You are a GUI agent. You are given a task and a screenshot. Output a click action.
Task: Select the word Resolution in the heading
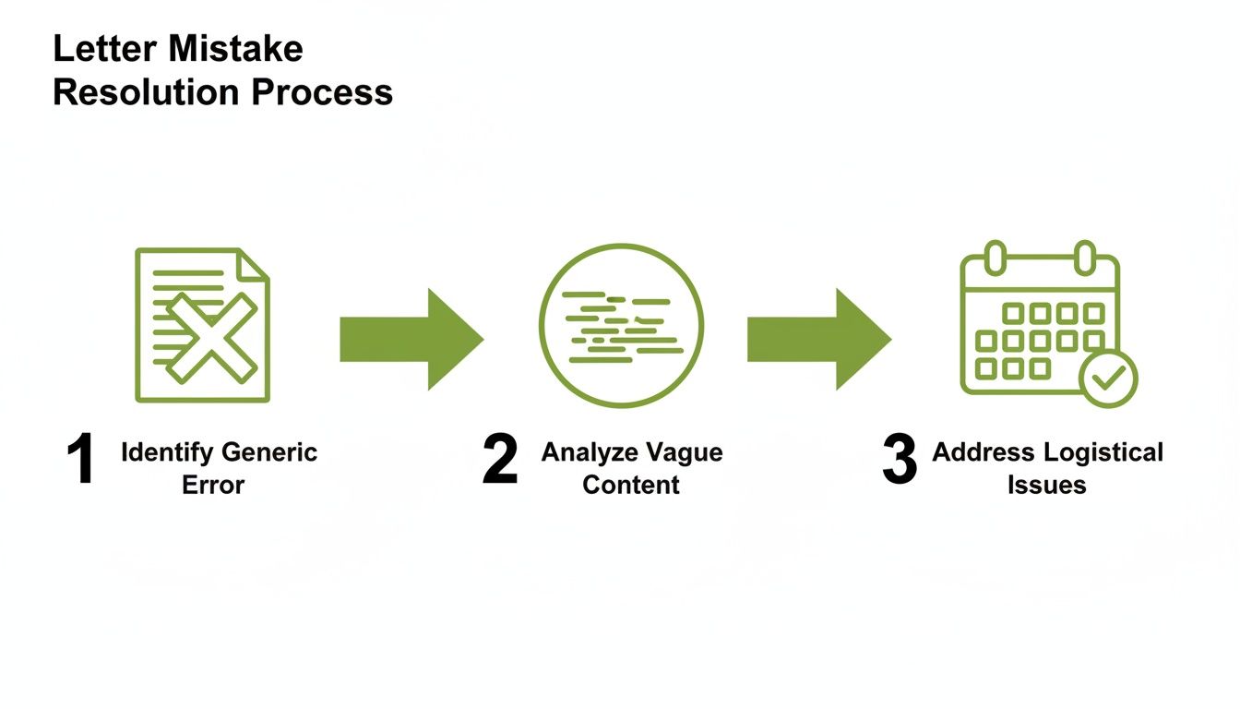coord(145,92)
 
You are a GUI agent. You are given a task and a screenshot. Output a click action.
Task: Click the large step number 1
coord(81,461)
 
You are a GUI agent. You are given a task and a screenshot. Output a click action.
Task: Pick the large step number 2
coord(499,461)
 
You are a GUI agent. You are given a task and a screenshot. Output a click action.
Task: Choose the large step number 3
coord(899,461)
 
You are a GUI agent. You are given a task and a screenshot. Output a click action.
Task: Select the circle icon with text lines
coord(621,326)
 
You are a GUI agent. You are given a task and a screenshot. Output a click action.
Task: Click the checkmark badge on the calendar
coord(1108,378)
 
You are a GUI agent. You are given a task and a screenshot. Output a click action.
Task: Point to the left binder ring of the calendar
coord(995,258)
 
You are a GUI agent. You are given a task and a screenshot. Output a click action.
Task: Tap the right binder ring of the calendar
coord(1084,258)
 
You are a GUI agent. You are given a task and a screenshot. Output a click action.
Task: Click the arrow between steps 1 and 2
coord(411,338)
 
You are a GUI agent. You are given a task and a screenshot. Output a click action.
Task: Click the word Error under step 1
coord(213,485)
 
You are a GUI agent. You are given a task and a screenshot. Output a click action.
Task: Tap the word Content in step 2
coord(631,485)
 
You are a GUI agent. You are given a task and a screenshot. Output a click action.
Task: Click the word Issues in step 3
coord(1046,485)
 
